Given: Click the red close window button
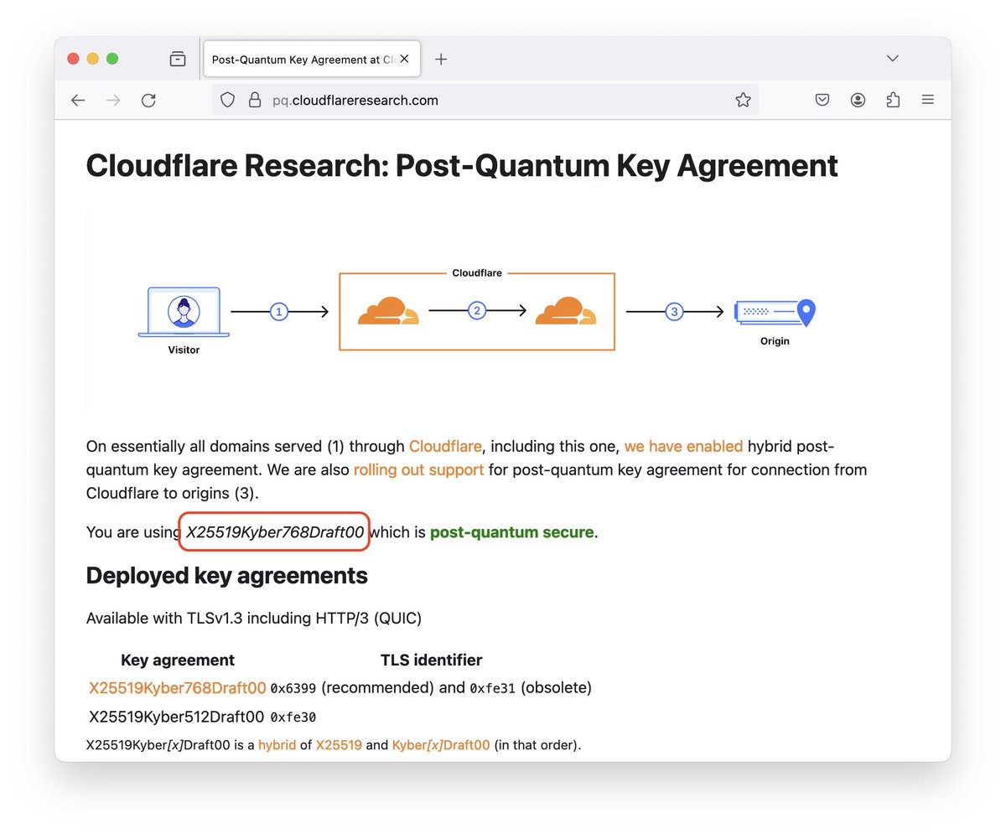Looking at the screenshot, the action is click(73, 59).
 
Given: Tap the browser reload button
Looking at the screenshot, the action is click(148, 101).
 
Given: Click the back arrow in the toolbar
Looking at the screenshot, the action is click(78, 101).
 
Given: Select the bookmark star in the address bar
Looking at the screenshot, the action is click(743, 100).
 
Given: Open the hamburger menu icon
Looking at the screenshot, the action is click(928, 100).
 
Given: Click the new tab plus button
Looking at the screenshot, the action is click(441, 60).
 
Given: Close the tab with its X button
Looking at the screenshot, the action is click(404, 59).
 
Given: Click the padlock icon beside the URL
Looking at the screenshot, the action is click(255, 100).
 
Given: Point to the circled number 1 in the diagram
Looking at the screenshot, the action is click(279, 312).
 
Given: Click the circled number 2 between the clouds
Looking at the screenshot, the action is click(477, 311).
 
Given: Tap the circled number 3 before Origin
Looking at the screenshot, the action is click(675, 312).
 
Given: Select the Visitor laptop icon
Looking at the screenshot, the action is click(184, 312).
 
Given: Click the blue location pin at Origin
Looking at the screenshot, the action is click(806, 312).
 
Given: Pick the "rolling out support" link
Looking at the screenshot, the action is click(418, 469).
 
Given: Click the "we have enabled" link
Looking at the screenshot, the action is click(683, 446).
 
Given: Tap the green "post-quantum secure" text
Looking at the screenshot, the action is click(511, 532).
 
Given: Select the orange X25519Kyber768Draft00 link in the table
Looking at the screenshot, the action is click(177, 687).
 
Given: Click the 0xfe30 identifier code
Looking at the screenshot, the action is click(293, 717).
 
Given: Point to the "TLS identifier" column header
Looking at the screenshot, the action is click(431, 660).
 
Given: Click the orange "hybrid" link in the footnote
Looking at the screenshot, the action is click(277, 745).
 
